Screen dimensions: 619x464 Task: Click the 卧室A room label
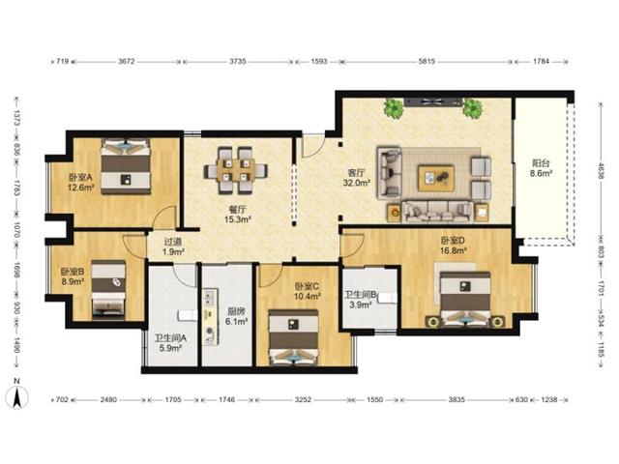point(80,178)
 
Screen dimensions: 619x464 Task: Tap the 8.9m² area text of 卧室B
point(74,281)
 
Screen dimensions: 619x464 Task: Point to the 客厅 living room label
point(356,173)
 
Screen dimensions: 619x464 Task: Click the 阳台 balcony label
point(541,163)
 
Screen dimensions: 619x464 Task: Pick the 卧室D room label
point(453,241)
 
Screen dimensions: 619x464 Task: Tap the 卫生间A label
point(170,338)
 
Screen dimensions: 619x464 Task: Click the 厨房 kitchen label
point(236,311)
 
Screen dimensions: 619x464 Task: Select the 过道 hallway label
point(172,242)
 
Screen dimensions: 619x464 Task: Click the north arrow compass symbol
point(17,395)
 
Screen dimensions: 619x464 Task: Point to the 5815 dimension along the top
point(427,61)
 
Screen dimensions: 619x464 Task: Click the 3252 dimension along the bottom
point(303,399)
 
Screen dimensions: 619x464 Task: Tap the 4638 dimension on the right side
point(601,172)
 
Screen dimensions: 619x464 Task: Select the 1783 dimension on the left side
point(16,188)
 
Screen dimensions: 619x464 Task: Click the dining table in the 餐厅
point(236,170)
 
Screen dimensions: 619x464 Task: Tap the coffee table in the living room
point(436,178)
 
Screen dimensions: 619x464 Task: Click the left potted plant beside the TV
point(394,107)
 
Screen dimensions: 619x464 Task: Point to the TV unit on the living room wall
point(432,101)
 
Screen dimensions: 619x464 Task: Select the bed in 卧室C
point(293,337)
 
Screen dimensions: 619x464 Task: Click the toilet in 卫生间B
point(388,298)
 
